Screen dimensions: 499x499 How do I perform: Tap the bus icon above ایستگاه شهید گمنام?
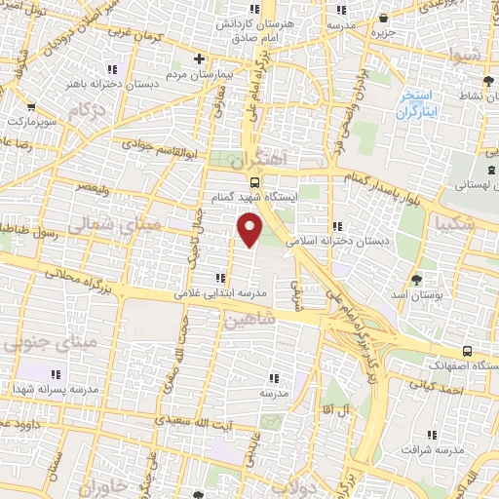click(255, 180)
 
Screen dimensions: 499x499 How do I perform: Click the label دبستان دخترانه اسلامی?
click(336, 239)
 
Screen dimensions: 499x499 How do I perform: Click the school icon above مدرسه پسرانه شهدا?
click(55, 373)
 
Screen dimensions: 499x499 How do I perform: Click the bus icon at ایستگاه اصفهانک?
click(468, 351)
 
